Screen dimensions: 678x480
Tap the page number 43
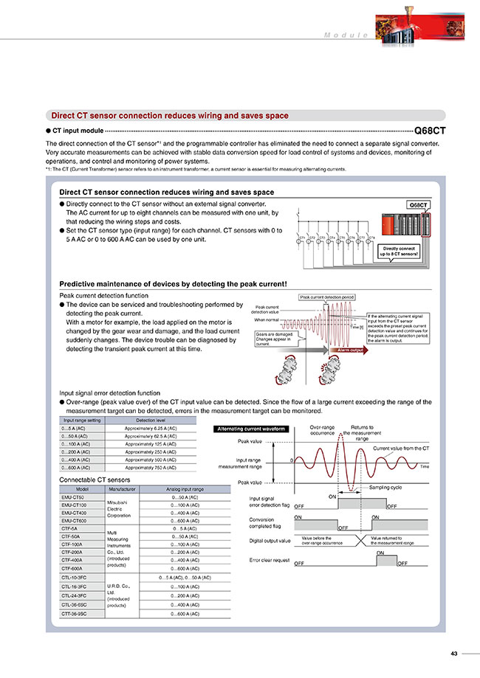pos(454,653)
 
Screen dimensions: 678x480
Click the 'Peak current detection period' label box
pos(326,297)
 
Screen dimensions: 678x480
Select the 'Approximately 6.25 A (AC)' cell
pos(151,428)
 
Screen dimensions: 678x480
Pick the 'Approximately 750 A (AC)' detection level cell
pos(151,468)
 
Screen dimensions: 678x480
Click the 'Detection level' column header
pos(151,419)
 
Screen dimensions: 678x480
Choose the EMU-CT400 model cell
pos(74,512)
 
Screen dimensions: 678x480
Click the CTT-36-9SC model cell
pos(74,613)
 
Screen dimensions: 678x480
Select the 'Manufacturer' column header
pos(121,488)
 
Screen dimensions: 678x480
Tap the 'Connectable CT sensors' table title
pos(89,480)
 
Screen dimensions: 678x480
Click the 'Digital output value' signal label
pos(270,541)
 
